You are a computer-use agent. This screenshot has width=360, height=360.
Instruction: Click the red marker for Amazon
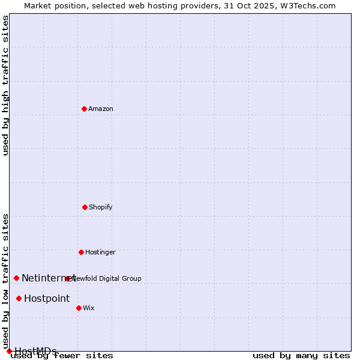[x=84, y=109]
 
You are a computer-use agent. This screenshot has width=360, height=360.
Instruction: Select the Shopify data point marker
[x=85, y=207]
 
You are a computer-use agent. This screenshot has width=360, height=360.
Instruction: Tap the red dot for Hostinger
[x=81, y=252]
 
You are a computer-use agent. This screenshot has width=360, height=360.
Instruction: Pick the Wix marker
[x=79, y=308]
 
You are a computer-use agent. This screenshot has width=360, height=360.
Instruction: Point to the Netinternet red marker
[x=16, y=278]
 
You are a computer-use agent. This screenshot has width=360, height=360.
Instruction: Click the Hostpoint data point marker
[x=19, y=298]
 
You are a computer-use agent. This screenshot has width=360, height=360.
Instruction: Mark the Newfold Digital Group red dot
[x=67, y=278]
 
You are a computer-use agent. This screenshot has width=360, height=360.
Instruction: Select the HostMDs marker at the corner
[x=9, y=351]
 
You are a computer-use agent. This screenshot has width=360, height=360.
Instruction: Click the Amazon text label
[x=101, y=109]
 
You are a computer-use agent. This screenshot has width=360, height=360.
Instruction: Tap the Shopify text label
[x=101, y=207]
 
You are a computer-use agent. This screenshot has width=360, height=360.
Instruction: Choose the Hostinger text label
[x=100, y=252]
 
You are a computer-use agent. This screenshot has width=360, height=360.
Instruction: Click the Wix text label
[x=89, y=308]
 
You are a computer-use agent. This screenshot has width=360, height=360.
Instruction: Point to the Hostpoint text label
[x=47, y=298]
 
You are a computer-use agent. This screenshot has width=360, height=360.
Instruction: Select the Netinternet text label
[x=48, y=278]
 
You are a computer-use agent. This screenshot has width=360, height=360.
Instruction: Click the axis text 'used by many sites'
[x=301, y=355]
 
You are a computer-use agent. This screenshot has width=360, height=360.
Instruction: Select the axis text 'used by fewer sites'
[x=62, y=355]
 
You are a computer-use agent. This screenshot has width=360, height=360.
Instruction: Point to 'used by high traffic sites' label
[x=5, y=85]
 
